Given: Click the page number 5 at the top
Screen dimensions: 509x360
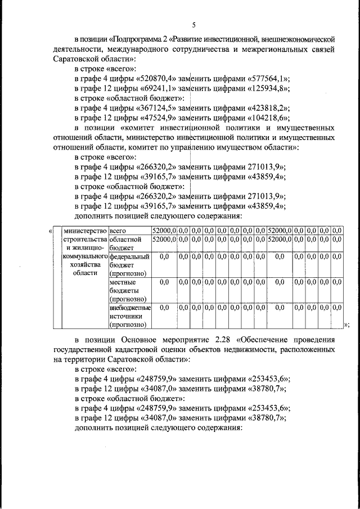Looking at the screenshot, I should pyautogui.click(x=193, y=25).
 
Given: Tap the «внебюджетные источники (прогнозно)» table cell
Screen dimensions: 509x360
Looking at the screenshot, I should pyautogui.click(x=129, y=316).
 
